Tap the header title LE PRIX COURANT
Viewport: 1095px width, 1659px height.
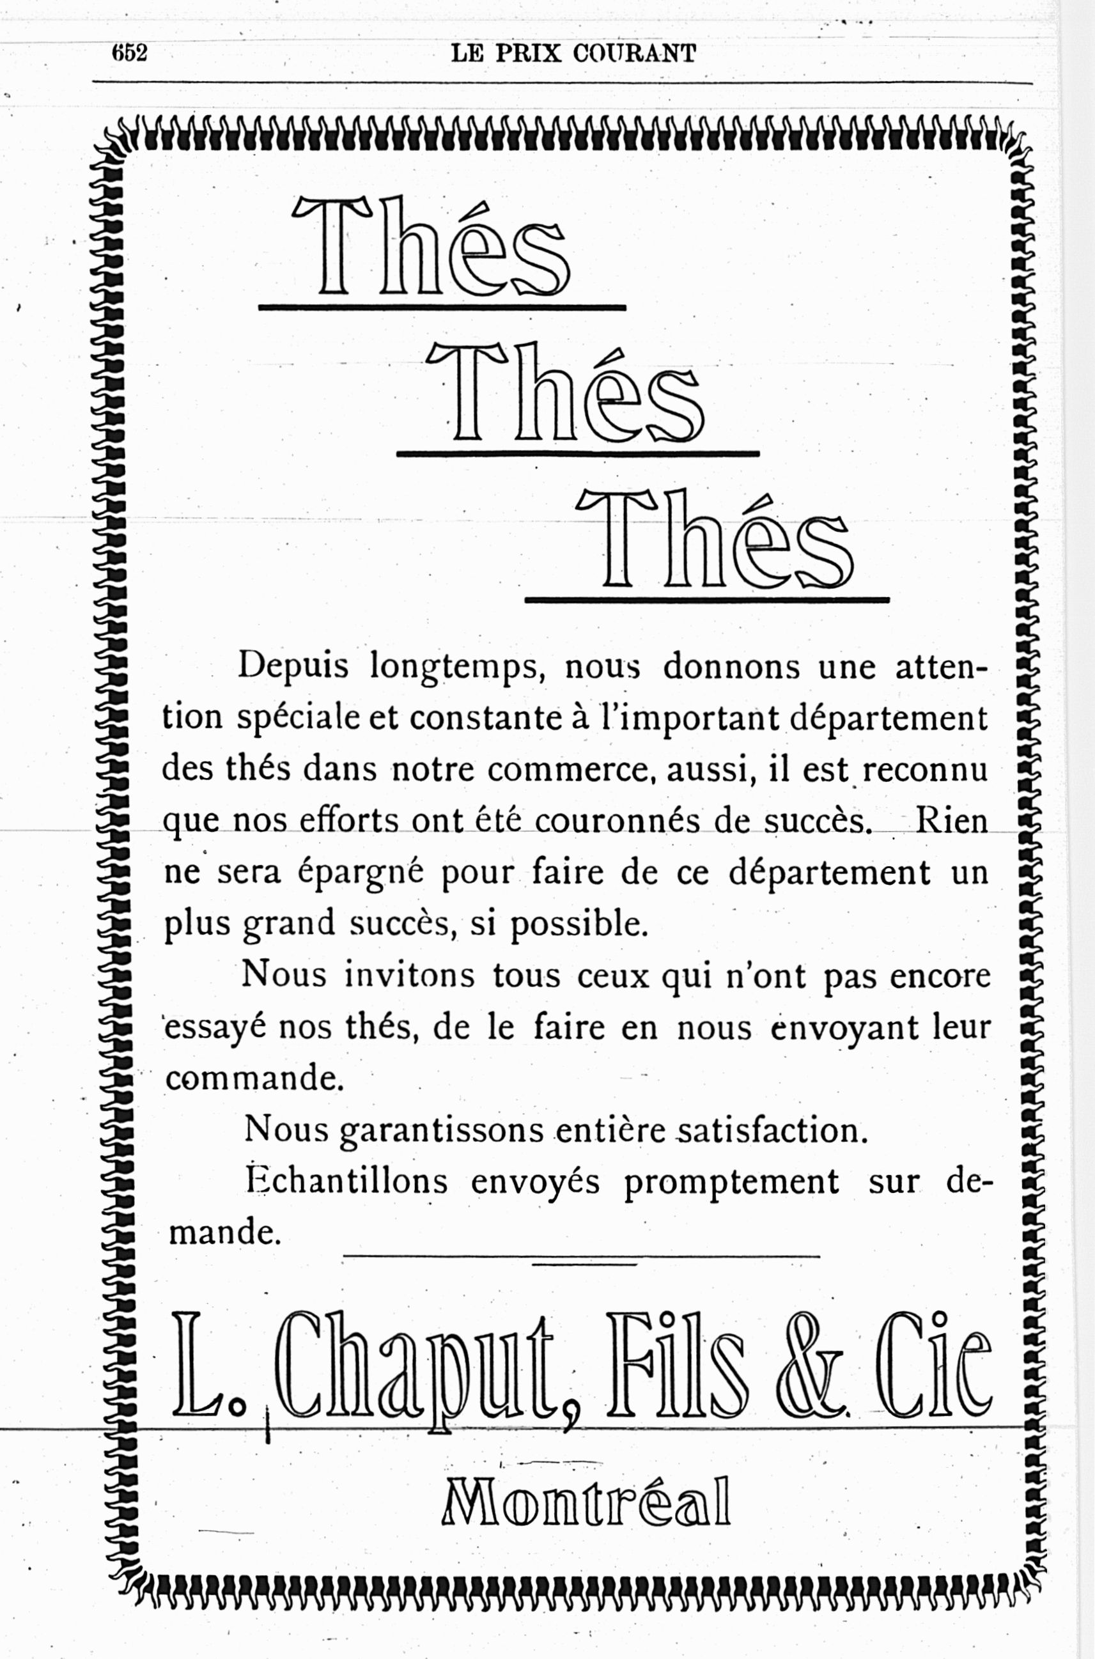click(573, 53)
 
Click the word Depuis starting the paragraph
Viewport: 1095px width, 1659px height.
click(293, 667)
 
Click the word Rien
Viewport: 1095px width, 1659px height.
click(951, 821)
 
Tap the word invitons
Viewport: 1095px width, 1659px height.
click(408, 976)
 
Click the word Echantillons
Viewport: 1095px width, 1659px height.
click(346, 1182)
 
